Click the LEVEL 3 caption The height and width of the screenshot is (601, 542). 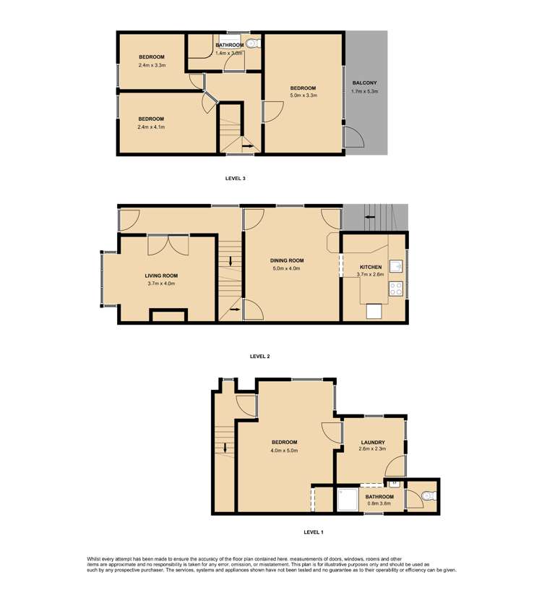point(236,177)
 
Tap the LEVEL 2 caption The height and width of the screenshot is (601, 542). point(259,356)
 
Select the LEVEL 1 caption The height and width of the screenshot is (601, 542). point(313,532)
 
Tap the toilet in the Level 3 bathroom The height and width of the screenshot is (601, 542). point(251,44)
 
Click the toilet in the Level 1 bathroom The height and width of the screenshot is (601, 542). point(428,496)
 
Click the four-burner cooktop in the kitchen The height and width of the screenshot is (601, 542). point(396,289)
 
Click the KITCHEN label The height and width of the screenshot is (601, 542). point(370,267)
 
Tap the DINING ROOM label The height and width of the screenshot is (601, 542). point(287,260)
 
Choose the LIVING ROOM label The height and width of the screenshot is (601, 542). point(161,276)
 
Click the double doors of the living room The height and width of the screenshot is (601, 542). point(168,246)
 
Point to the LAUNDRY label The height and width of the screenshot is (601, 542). point(372,442)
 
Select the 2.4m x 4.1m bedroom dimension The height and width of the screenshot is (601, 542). point(151,127)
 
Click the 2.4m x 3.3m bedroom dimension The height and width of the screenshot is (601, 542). point(152,65)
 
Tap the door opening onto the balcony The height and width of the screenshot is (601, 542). point(354,137)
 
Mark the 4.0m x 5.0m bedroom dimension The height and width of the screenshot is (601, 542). point(284,451)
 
